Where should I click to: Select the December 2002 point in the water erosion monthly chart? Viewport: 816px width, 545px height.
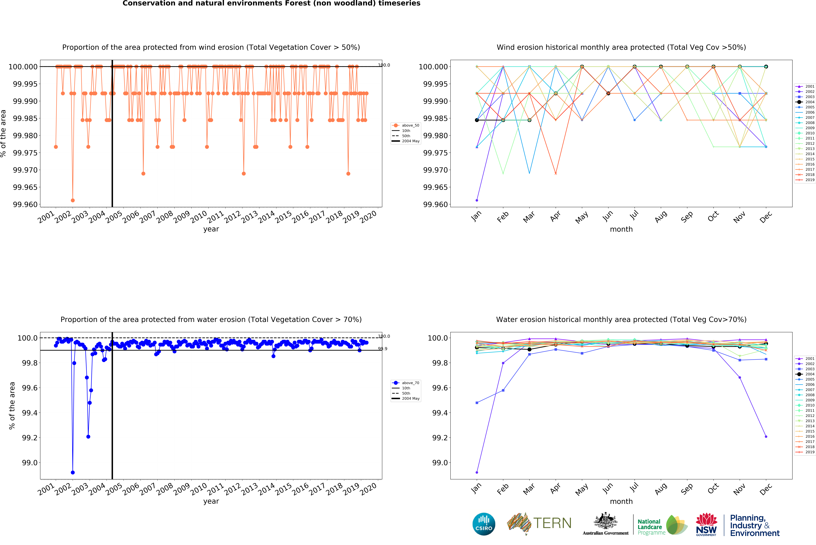point(766,437)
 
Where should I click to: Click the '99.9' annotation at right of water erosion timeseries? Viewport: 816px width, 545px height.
point(383,349)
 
